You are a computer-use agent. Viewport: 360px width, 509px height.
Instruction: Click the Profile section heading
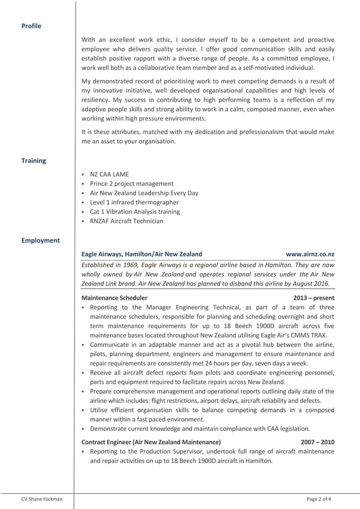point(31,26)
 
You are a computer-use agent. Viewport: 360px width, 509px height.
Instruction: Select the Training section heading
point(34,161)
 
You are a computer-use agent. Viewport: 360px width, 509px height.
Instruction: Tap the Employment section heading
point(41,240)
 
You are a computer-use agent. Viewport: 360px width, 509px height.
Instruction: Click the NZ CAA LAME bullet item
point(109,174)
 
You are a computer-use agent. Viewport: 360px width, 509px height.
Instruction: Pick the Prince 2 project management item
point(131,184)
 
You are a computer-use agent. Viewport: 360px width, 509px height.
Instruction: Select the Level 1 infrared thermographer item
point(134,202)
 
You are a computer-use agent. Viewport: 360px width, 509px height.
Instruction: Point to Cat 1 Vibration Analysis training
point(135,212)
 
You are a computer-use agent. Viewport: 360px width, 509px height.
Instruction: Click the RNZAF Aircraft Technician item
point(126,221)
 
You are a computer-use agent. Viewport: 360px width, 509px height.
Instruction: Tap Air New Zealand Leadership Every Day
point(144,193)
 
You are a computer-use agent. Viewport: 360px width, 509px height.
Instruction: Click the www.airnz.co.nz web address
point(310,254)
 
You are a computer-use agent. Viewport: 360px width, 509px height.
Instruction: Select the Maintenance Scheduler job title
point(115,298)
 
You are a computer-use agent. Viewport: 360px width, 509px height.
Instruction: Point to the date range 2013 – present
point(314,298)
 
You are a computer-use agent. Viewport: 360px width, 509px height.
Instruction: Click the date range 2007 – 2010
point(318,442)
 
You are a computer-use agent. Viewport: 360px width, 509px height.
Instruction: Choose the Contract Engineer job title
point(151,442)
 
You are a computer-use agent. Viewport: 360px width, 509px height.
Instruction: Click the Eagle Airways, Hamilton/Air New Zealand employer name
point(142,254)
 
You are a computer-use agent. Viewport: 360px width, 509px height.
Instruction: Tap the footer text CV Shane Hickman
point(42,499)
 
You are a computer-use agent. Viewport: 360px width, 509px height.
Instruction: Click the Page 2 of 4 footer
point(319,499)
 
